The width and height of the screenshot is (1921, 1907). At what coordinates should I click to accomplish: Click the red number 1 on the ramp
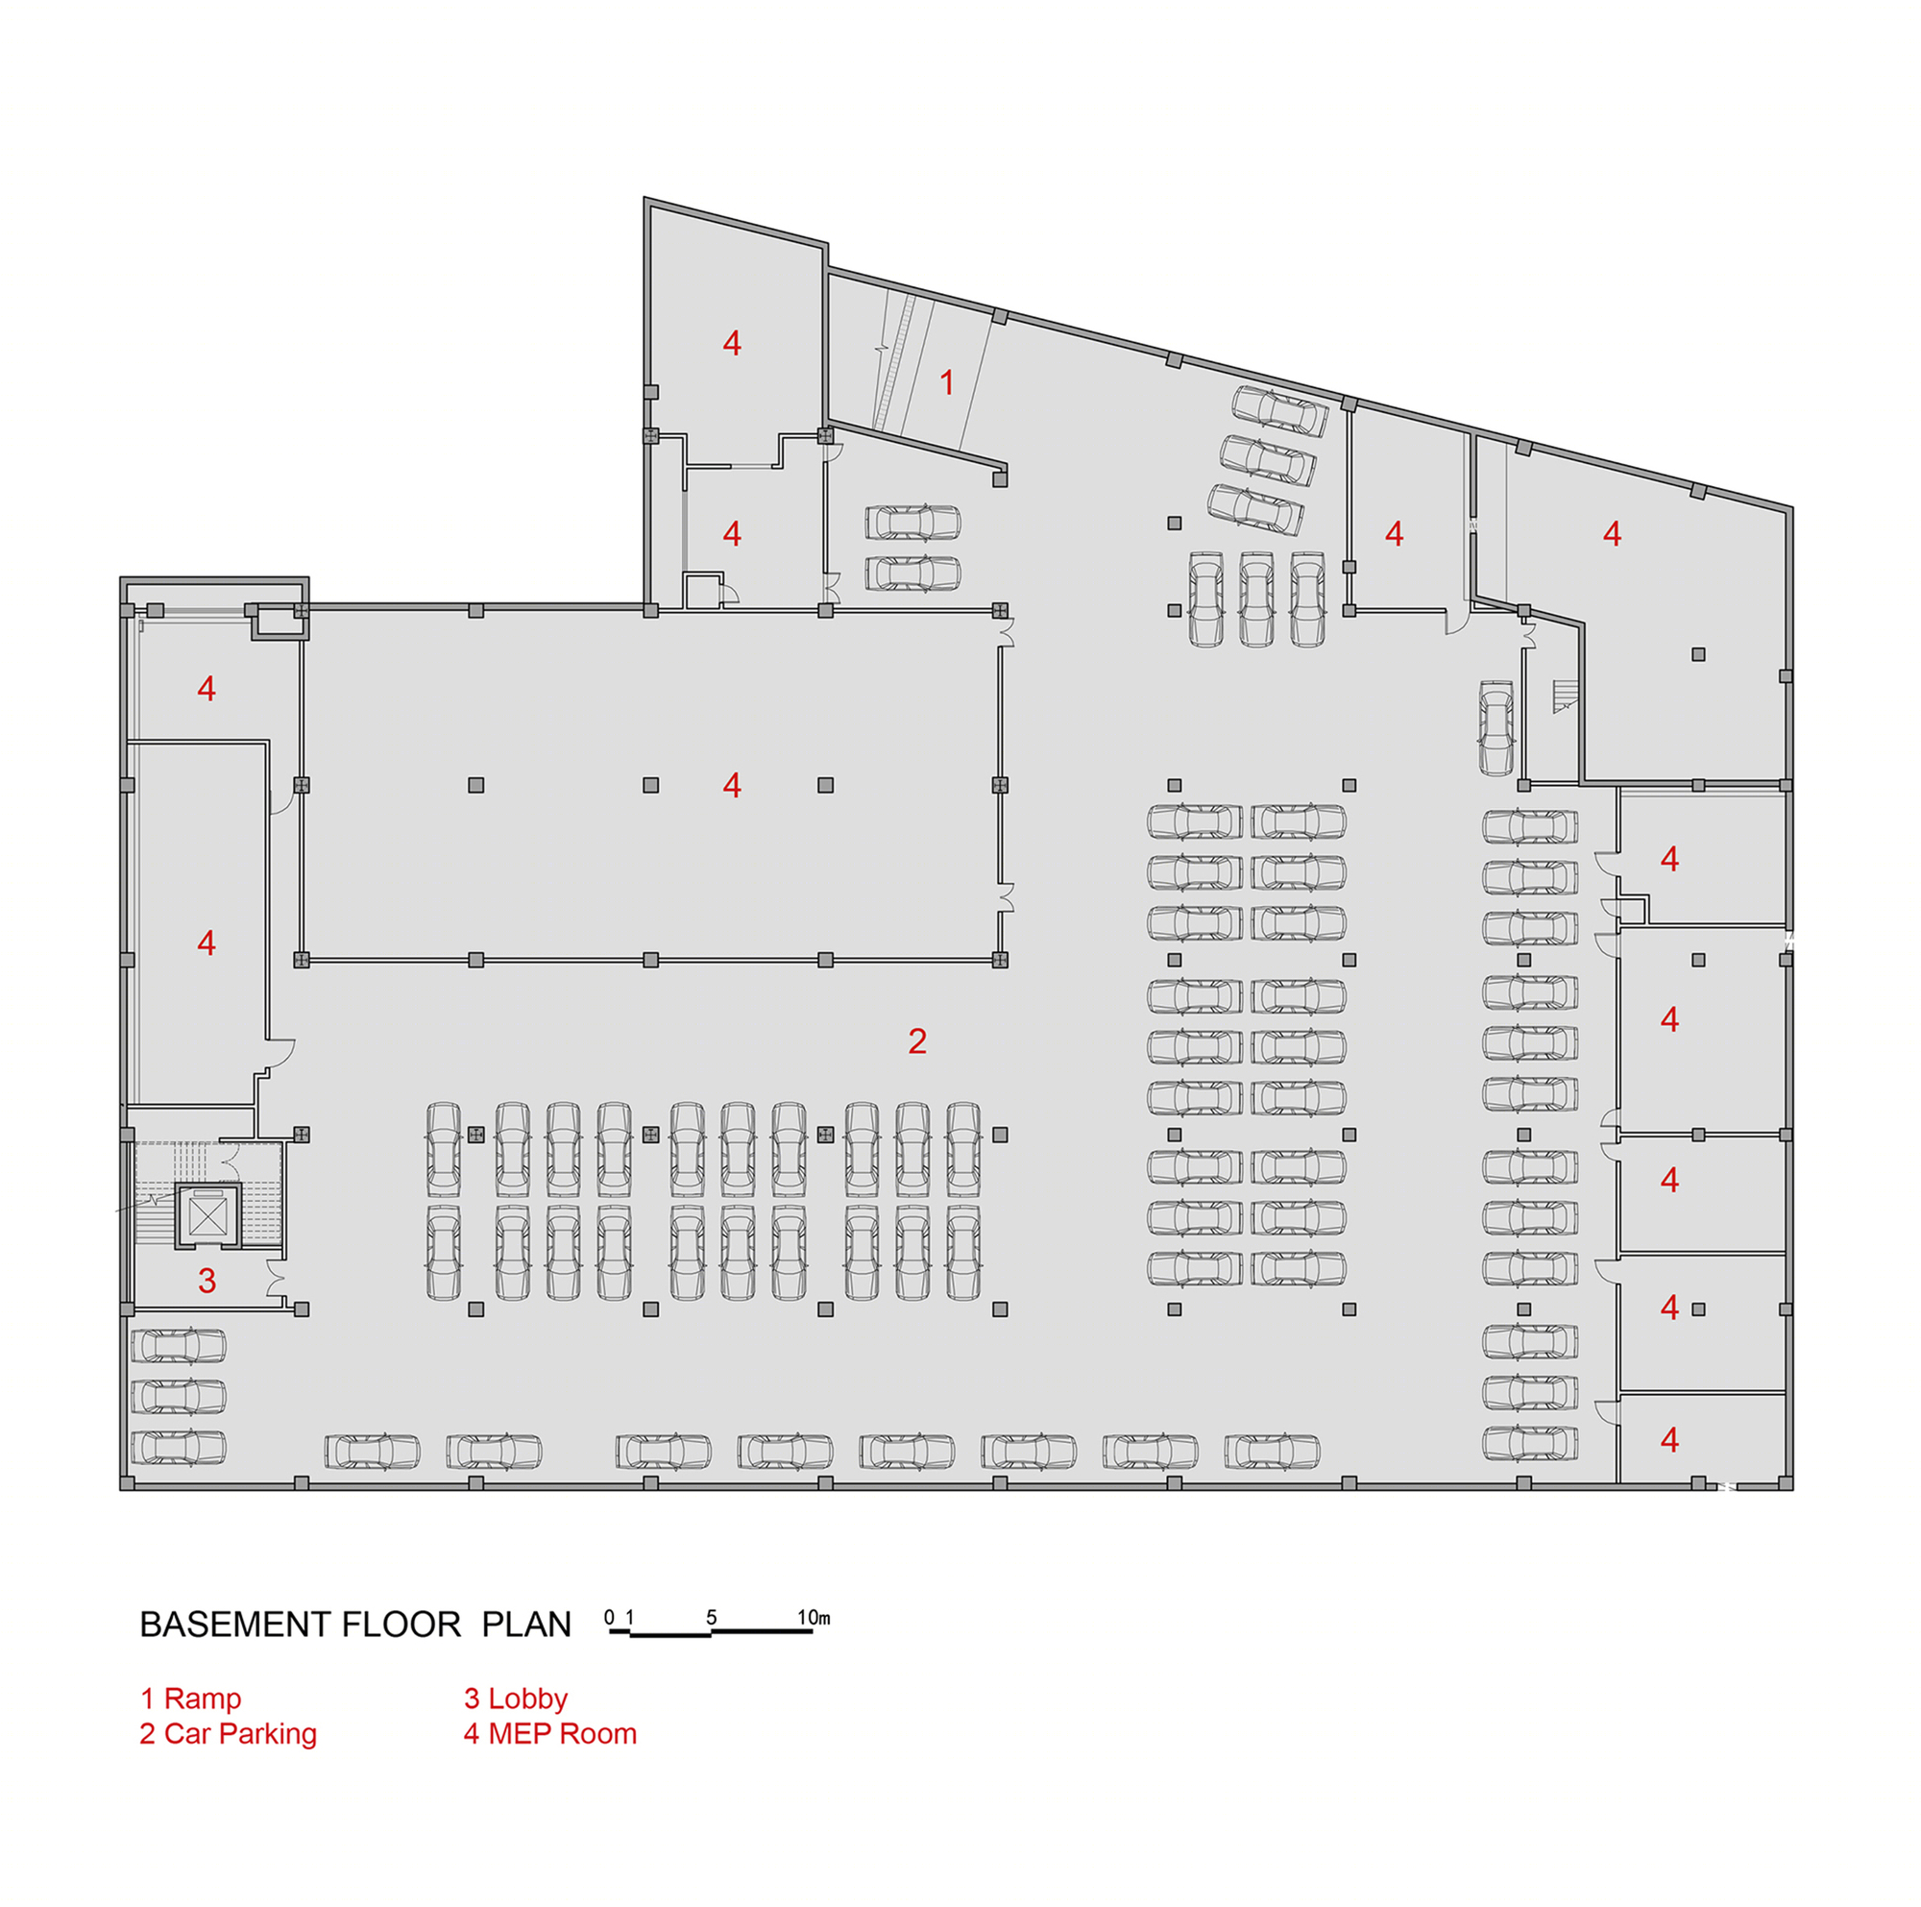pyautogui.click(x=947, y=381)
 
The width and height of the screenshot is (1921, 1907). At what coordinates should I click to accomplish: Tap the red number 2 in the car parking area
pyautogui.click(x=916, y=1041)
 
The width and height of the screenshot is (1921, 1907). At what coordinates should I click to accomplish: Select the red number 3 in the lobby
pyautogui.click(x=207, y=1281)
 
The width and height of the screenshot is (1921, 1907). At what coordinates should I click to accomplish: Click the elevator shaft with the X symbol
pyautogui.click(x=208, y=1214)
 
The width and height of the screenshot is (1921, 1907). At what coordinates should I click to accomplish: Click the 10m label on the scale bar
pyautogui.click(x=814, y=1618)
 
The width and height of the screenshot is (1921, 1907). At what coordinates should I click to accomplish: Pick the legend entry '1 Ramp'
pyautogui.click(x=191, y=1699)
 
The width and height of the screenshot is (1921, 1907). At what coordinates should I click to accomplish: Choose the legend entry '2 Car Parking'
pyautogui.click(x=229, y=1734)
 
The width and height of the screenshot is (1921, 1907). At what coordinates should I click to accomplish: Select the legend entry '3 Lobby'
pyautogui.click(x=516, y=1699)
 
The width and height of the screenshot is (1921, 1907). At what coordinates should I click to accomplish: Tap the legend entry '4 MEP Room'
pyautogui.click(x=550, y=1733)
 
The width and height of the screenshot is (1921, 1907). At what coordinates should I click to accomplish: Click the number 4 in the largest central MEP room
pyautogui.click(x=732, y=786)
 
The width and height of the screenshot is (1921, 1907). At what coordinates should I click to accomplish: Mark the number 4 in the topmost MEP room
pyautogui.click(x=732, y=343)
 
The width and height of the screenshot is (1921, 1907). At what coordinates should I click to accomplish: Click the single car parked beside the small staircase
pyautogui.click(x=1496, y=728)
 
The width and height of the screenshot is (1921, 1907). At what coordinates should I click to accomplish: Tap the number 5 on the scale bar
pyautogui.click(x=711, y=1618)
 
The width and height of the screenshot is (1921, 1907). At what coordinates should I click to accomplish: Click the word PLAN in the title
pyautogui.click(x=526, y=1624)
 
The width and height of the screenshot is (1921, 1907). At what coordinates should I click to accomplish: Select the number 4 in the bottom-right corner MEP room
pyautogui.click(x=1669, y=1439)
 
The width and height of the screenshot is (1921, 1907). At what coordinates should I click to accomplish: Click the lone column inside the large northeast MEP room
pyautogui.click(x=1698, y=654)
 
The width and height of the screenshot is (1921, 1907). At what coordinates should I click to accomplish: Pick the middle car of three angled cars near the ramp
pyautogui.click(x=1268, y=459)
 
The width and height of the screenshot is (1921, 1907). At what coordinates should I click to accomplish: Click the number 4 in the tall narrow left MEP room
pyautogui.click(x=206, y=941)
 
